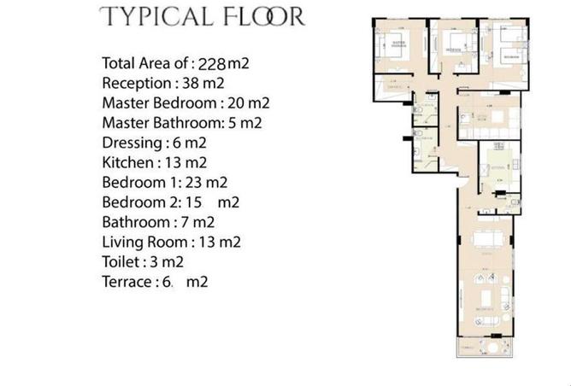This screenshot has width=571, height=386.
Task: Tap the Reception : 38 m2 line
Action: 162,83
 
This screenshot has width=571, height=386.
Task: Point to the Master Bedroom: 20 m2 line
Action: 185,103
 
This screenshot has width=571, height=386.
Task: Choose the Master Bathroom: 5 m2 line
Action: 181,123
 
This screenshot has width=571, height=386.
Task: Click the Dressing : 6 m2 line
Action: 154,143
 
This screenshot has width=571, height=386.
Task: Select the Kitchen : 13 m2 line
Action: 154,162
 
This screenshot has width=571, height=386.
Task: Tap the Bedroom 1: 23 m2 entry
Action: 164,182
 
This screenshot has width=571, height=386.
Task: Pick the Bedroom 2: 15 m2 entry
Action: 170,202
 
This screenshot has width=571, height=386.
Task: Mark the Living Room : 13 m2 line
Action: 171,242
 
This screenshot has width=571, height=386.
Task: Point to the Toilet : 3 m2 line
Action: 143,261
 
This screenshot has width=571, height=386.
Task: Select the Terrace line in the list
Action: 155,282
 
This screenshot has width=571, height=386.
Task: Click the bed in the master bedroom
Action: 398,48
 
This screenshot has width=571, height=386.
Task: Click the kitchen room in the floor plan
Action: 493,171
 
